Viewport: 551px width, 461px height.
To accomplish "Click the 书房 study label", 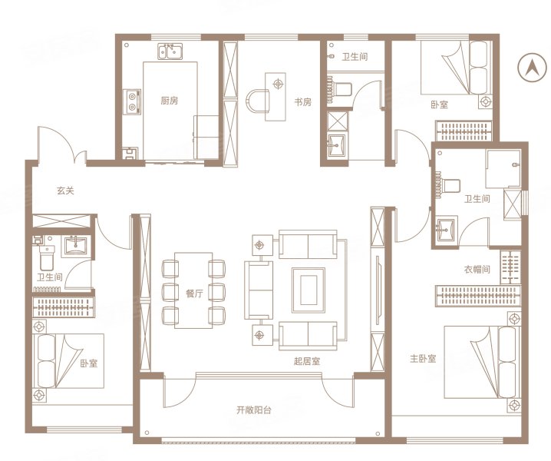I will [302, 101].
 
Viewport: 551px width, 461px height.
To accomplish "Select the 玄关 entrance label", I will [65, 191].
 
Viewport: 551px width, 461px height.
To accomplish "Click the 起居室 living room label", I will [306, 360].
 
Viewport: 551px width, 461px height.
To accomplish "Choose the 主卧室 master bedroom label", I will [422, 358].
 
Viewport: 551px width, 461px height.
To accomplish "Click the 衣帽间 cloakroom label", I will [477, 270].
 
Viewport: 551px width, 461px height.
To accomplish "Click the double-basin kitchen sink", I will [170, 52].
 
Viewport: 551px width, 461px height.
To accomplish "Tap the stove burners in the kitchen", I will [133, 100].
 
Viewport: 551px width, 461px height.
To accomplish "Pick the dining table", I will [193, 290].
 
